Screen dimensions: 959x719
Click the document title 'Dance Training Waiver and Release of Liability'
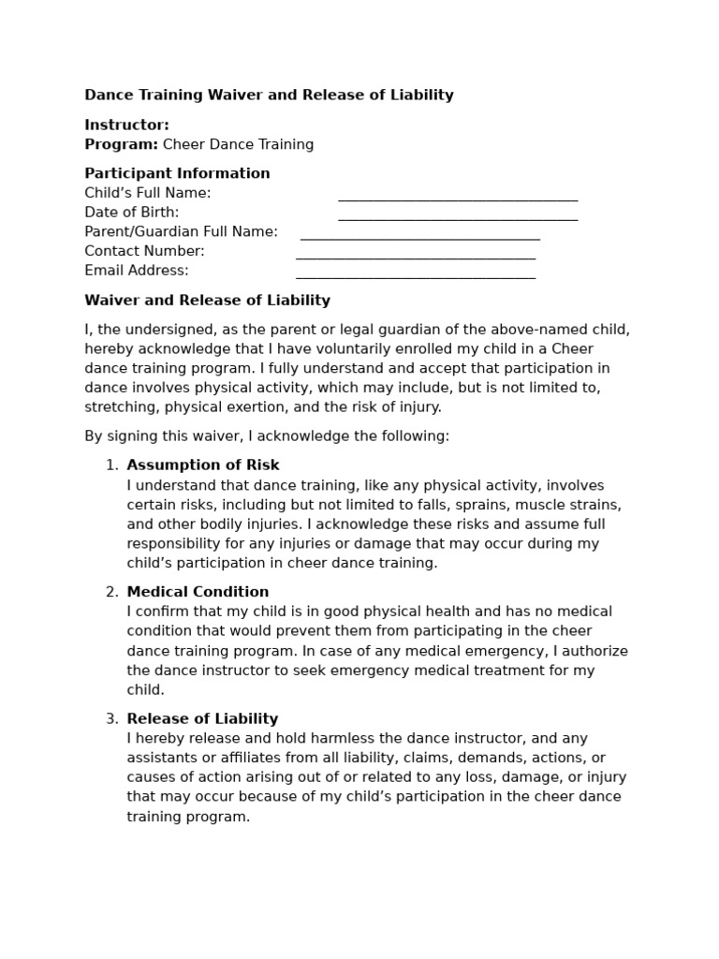[x=269, y=95]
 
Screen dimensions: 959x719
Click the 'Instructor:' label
[x=126, y=125]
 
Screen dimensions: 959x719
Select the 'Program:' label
[x=121, y=144]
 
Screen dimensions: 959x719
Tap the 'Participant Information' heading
[x=177, y=173]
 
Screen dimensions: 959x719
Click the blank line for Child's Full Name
[x=457, y=198]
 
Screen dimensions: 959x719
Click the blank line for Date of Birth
[x=457, y=217]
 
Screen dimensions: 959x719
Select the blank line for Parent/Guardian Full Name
[x=419, y=237]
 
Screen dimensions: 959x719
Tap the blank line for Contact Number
[x=415, y=257]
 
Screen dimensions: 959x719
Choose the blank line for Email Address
[x=415, y=276]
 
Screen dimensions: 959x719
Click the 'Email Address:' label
[x=137, y=271]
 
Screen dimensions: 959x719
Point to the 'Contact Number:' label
[x=144, y=251]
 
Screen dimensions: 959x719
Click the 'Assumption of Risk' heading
[x=203, y=465]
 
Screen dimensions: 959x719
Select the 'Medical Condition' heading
[x=198, y=592]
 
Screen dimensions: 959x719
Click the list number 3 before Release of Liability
[x=111, y=719]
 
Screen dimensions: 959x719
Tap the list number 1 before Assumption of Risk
[x=111, y=465]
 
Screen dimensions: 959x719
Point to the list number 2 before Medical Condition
[x=111, y=592]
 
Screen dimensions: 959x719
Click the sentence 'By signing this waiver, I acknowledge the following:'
[x=267, y=436]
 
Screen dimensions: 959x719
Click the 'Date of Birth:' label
[x=132, y=213]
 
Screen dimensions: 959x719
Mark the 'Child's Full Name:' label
[x=148, y=193]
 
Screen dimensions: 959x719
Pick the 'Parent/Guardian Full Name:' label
[x=181, y=231]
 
